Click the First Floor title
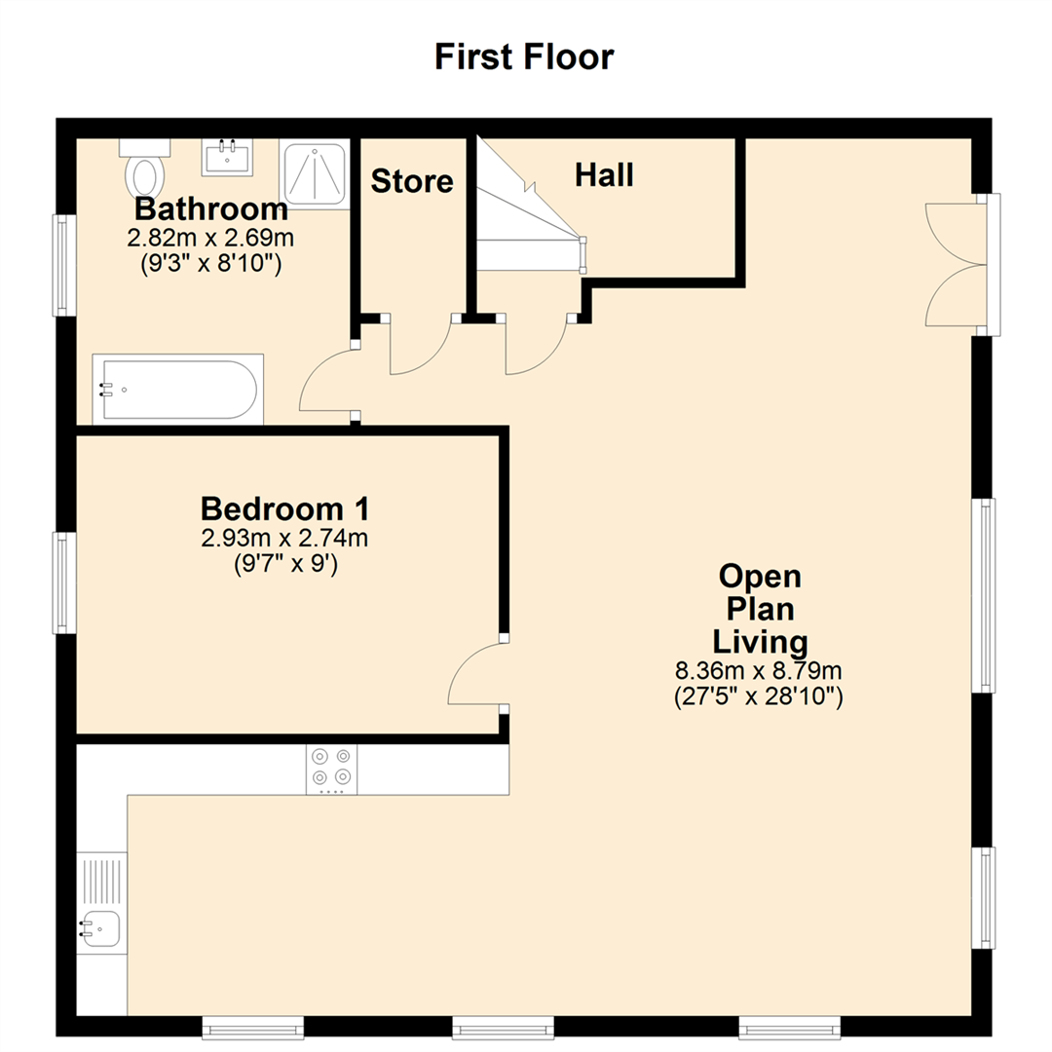click(x=524, y=57)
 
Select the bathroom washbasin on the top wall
click(x=227, y=157)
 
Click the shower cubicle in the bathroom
click(x=314, y=174)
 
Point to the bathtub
click(x=178, y=389)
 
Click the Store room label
click(x=412, y=181)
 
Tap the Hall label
click(x=604, y=175)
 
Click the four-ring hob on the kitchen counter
click(x=331, y=770)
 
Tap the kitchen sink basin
click(x=100, y=928)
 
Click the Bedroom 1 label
click(x=284, y=509)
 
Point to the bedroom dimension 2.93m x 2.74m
click(x=284, y=538)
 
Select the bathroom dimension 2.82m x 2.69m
click(x=210, y=238)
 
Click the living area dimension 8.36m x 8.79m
click(x=758, y=670)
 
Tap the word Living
click(x=760, y=641)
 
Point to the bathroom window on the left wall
click(x=64, y=264)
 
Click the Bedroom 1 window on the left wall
click(x=64, y=582)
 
